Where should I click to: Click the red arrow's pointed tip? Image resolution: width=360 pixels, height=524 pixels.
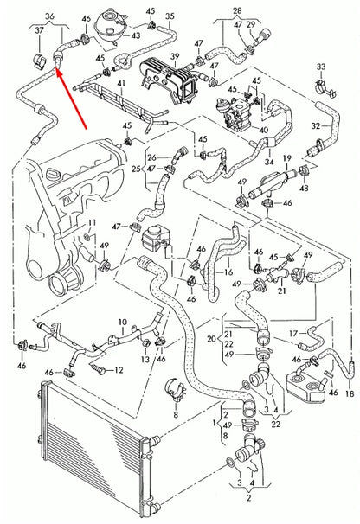(x=56, y=67)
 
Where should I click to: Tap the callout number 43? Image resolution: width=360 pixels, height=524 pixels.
(x=135, y=35)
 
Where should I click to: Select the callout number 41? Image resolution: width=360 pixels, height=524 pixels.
(x=121, y=82)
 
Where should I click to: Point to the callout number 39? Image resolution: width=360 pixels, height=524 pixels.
(x=175, y=57)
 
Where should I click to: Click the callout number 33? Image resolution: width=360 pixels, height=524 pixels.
(x=321, y=67)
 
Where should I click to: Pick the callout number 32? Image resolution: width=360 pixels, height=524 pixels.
(x=316, y=126)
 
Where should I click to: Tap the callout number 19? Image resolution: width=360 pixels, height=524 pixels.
(x=287, y=158)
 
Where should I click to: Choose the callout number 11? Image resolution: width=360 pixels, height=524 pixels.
(x=92, y=222)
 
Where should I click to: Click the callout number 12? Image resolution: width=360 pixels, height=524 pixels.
(x=119, y=370)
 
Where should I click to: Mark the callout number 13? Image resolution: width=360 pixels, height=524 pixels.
(x=145, y=359)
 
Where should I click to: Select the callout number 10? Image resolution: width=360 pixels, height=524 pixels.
(x=123, y=323)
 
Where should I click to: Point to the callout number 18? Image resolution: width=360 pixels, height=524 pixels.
(x=350, y=394)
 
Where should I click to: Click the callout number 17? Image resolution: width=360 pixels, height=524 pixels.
(x=293, y=333)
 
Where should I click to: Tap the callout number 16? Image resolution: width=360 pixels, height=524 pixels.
(x=228, y=272)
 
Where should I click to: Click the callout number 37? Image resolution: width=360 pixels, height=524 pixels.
(x=40, y=30)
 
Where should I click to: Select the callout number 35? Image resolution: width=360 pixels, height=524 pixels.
(x=170, y=16)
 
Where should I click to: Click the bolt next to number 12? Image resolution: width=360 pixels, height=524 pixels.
(x=99, y=368)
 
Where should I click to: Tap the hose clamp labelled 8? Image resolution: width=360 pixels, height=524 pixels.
(x=176, y=390)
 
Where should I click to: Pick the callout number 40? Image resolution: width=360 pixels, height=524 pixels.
(x=264, y=130)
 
